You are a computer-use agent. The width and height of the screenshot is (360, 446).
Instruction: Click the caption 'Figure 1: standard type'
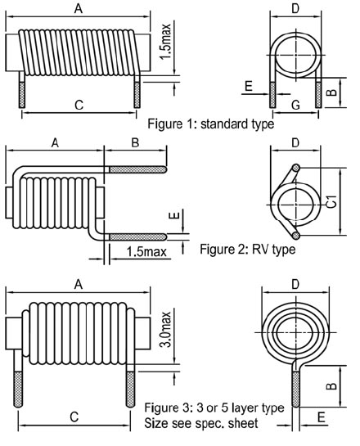click(211, 124)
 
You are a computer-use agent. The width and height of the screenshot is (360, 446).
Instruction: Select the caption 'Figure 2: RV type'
click(248, 250)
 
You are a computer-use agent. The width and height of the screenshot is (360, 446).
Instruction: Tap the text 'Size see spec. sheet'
click(201, 423)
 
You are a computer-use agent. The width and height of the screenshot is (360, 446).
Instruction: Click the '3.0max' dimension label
click(166, 330)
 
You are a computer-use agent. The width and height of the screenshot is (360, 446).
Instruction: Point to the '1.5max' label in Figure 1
click(166, 42)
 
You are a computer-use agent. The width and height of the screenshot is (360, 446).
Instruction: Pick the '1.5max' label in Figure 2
click(146, 252)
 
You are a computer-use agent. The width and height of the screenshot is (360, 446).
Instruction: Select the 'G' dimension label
click(295, 105)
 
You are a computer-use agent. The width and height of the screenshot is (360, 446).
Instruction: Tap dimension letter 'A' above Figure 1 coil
click(79, 8)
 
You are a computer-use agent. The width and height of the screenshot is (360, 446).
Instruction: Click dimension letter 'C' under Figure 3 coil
click(74, 417)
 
